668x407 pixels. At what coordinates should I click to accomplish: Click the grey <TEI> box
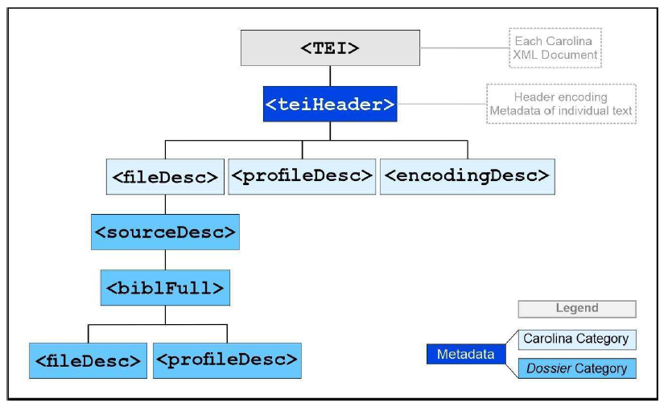[330, 47]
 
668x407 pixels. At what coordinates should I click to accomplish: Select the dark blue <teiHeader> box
[330, 104]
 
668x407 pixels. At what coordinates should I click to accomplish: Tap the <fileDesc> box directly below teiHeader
[164, 176]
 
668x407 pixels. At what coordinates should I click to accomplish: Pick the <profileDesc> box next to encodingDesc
[302, 175]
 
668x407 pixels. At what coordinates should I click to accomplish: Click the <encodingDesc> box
[468, 175]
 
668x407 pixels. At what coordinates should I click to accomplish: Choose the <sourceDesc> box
[165, 232]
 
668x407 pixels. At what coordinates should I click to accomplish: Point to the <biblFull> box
[165, 287]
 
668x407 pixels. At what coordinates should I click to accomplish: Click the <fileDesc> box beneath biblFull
[88, 360]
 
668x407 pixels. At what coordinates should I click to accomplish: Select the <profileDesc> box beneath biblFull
[226, 360]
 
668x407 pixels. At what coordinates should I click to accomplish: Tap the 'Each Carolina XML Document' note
[555, 47]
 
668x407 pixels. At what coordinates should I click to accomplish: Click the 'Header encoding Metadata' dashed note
[561, 104]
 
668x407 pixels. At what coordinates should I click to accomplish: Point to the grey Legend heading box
[576, 308]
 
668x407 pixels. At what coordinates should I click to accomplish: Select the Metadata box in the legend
[465, 354]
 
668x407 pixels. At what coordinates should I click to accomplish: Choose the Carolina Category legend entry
[575, 339]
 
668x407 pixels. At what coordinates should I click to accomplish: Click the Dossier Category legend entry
[575, 368]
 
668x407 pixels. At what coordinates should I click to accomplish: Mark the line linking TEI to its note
[464, 47]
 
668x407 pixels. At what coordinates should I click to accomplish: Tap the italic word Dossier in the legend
[544, 368]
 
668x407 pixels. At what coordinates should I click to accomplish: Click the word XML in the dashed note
[526, 55]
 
